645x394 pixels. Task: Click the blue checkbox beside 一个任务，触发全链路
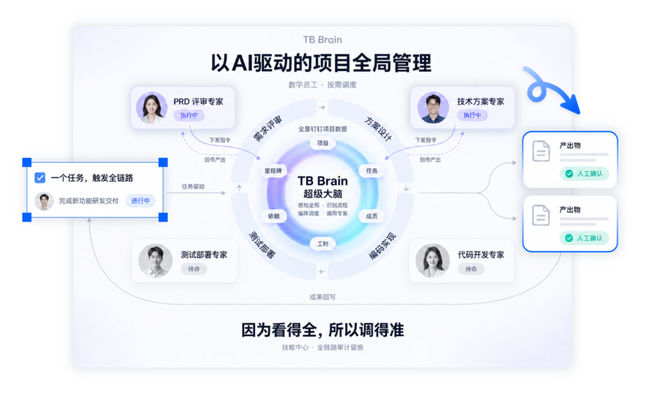40,178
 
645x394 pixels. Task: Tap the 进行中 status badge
140,200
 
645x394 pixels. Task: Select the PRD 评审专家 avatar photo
151,108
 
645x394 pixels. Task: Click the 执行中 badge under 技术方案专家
472,115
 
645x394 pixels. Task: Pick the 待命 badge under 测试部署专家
193,269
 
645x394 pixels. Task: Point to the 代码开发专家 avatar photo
432,261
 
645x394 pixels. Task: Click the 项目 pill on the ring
322,143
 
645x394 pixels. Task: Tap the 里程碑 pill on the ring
273,170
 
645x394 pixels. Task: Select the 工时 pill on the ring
322,244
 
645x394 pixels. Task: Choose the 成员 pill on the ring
371,216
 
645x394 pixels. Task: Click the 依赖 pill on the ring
274,216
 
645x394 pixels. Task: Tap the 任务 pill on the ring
371,170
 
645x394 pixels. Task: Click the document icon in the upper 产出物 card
541,151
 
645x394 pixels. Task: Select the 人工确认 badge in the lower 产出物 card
584,238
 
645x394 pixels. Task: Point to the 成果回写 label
322,297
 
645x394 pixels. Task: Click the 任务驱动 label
193,187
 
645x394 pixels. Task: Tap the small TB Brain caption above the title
322,39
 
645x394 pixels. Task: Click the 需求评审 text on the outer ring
268,129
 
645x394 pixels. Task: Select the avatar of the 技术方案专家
433,108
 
